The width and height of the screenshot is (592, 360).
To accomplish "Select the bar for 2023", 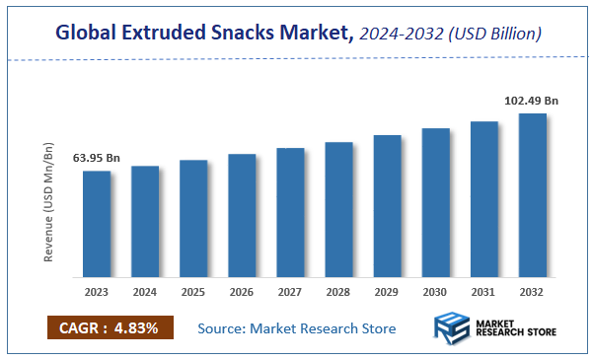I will point(97,224).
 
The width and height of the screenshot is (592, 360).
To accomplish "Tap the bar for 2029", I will point(387,206).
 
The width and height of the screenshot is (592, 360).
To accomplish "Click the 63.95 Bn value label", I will point(96,158).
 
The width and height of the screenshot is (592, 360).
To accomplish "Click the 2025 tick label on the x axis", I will point(193,292).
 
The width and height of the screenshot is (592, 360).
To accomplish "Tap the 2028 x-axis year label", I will point(338,292).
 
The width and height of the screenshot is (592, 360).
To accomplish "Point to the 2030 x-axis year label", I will point(435,292).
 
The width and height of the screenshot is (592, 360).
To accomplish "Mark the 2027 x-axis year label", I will point(290,292).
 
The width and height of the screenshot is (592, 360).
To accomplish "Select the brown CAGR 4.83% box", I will point(110,327).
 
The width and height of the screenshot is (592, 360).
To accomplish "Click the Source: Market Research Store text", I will point(296,327).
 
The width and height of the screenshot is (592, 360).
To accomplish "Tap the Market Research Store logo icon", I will point(453,328).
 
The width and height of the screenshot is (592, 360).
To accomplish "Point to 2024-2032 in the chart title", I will point(401,35).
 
